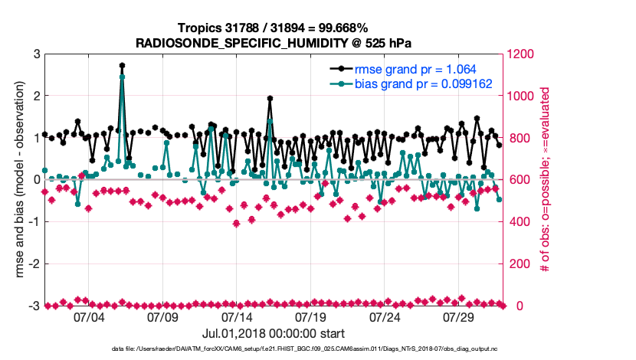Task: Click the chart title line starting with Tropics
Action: tap(274, 29)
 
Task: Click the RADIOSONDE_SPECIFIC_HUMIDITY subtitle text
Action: tap(274, 43)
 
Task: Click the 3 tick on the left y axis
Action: tap(36, 54)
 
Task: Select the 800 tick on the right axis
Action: tap(516, 139)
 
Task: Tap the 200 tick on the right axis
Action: tap(516, 264)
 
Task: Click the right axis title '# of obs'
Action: tap(545, 180)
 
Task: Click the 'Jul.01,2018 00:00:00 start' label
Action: tap(274, 334)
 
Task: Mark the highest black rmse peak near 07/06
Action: tap(122, 66)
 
